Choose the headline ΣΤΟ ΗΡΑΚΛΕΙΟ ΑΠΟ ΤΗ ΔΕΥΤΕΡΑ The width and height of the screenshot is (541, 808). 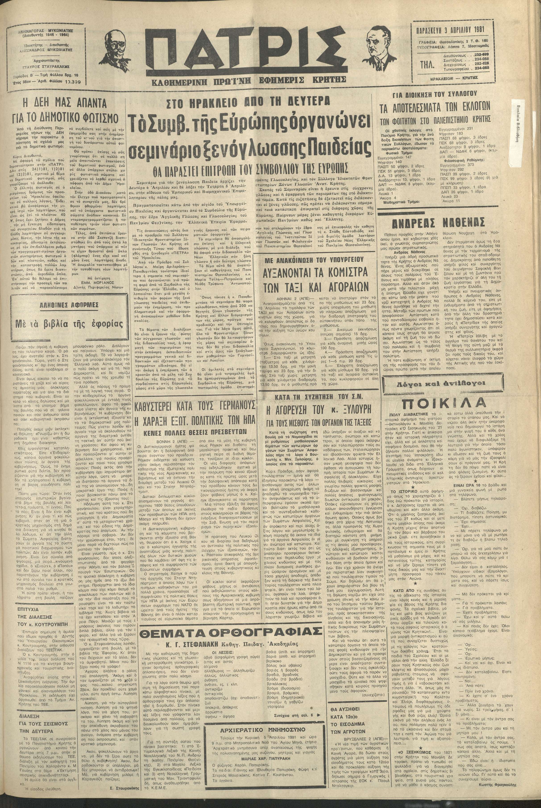click(248, 102)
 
